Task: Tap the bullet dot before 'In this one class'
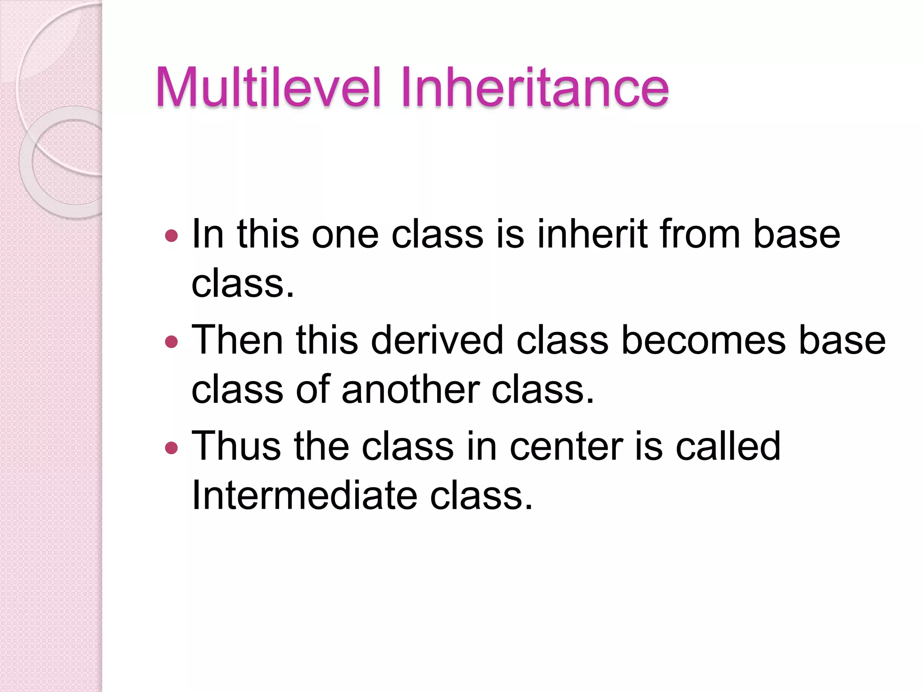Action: pyautogui.click(x=172, y=236)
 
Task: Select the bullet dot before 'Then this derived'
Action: pyautogui.click(x=172, y=342)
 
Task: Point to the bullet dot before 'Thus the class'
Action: pyautogui.click(x=172, y=448)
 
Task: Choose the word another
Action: pyautogui.click(x=410, y=390)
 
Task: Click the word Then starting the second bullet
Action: pyautogui.click(x=237, y=340)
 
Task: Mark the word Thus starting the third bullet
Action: pyautogui.click(x=236, y=446)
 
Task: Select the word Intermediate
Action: pyautogui.click(x=304, y=496)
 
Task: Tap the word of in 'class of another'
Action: pyautogui.click(x=312, y=390)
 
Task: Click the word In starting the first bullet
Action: pyautogui.click(x=208, y=234)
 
